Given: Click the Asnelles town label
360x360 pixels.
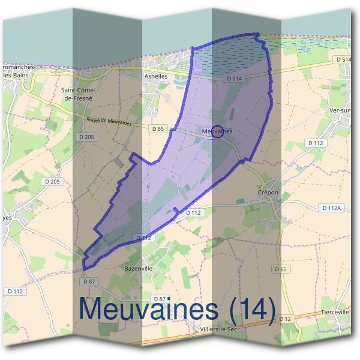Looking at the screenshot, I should tap(155, 76).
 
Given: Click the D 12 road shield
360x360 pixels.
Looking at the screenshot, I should tap(285, 318).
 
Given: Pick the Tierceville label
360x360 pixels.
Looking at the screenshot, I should tap(335, 312).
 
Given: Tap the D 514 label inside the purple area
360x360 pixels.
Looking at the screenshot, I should tap(233, 79).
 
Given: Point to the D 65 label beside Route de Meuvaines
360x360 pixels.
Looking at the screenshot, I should tap(158, 128).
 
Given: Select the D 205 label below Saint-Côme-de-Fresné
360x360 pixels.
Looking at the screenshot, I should tap(86, 137).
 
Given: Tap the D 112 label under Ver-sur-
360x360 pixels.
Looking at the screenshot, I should tap(315, 143).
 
